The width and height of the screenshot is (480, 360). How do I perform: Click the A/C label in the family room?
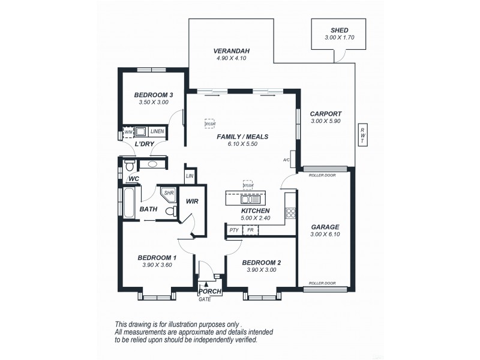click(x=287, y=160)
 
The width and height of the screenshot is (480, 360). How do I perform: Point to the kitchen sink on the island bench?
click(x=247, y=197)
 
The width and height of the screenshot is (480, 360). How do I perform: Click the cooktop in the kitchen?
click(x=292, y=212)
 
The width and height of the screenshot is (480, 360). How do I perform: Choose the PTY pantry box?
click(x=234, y=230)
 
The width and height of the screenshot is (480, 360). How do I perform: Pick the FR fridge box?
click(x=250, y=230)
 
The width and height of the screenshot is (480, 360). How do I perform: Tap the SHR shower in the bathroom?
click(x=168, y=193)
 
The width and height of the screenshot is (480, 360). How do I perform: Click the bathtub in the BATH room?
click(x=130, y=203)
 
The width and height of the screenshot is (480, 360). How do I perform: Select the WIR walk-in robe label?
click(x=193, y=202)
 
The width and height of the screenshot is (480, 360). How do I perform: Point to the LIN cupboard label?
click(x=190, y=176)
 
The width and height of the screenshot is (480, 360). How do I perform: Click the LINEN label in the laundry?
click(x=157, y=131)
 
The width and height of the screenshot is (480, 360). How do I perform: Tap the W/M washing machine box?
click(x=128, y=131)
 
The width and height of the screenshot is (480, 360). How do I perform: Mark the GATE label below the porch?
click(x=205, y=299)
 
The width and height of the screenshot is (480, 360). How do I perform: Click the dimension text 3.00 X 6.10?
click(x=325, y=235)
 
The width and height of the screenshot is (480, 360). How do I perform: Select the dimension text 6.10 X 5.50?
click(x=242, y=145)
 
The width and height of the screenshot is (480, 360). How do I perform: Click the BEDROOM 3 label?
click(x=154, y=95)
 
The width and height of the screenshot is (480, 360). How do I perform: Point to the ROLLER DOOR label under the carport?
click(x=322, y=176)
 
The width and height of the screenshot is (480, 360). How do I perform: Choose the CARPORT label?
click(x=326, y=113)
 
